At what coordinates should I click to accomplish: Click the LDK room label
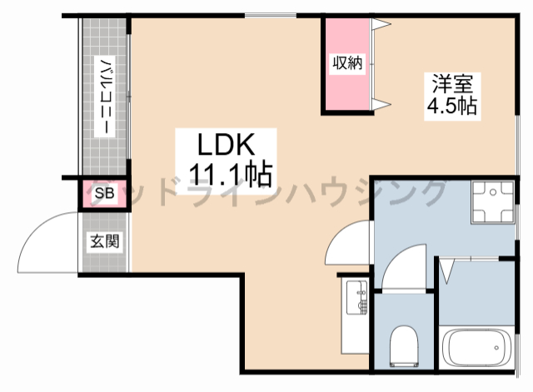pos(224,143)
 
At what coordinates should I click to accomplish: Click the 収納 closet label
pos(348,63)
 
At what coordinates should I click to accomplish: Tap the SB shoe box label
pos(104,195)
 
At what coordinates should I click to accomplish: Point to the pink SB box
pos(104,195)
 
